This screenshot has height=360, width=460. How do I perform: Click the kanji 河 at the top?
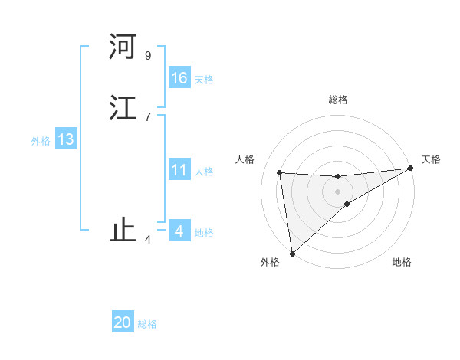(123, 47)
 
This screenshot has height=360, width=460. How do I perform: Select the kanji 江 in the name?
(123, 108)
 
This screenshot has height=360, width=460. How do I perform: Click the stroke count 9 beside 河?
(147, 55)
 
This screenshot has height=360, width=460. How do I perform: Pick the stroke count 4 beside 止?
(147, 240)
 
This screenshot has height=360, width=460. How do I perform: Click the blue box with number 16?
(179, 78)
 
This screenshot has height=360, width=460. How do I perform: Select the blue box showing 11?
(179, 170)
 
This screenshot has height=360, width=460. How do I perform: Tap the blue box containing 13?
(65, 139)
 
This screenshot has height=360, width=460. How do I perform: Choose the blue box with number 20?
(123, 322)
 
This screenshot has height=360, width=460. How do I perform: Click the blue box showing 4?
(179, 231)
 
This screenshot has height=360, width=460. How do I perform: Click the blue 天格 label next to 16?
(204, 80)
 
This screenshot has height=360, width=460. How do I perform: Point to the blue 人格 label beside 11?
(204, 172)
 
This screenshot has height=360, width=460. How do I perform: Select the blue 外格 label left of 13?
(41, 141)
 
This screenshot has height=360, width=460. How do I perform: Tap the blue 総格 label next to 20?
(147, 324)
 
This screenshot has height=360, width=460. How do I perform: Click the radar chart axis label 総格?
(338, 100)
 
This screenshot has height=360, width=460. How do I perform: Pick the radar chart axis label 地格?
(402, 263)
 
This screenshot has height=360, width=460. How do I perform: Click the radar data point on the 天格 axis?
(411, 169)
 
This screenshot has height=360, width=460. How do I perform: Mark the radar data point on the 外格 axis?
(291, 254)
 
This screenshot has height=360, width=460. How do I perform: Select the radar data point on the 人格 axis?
(280, 172)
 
